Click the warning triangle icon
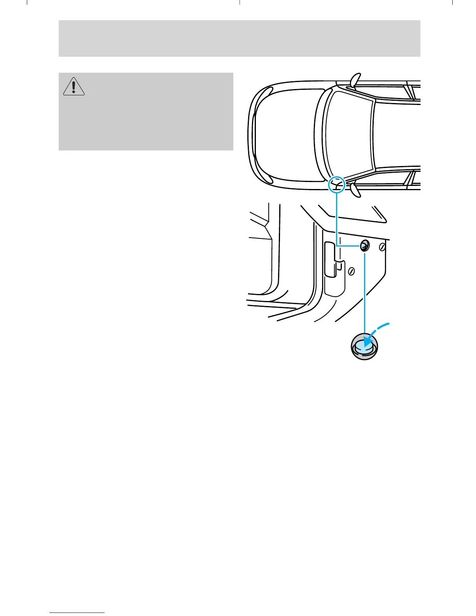pos(74,86)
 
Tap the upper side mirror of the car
pos(355,80)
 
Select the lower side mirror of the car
pos(355,190)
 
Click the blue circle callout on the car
pos(337,185)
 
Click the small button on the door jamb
pos(365,246)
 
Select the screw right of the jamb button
pos(382,247)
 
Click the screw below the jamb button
pos(351,271)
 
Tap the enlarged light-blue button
pos(364,346)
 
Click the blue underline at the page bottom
pos(77,612)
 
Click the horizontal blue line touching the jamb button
pos(348,246)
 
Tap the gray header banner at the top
pos(239,38)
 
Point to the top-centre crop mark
pos(240,2)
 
